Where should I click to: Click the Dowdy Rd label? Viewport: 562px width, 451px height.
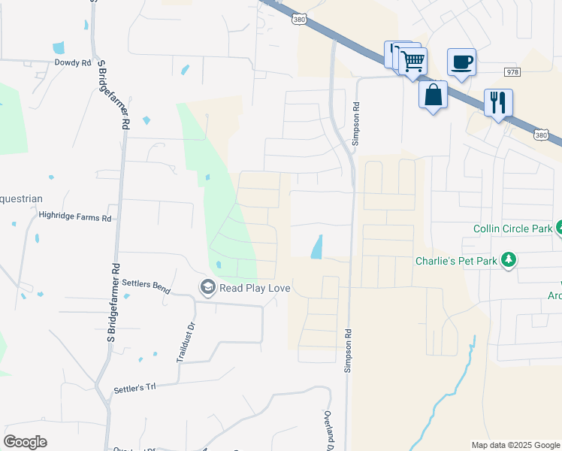coord(72,63)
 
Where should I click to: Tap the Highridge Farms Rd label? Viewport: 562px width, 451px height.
coord(74,217)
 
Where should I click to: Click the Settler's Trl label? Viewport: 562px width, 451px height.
coord(134,389)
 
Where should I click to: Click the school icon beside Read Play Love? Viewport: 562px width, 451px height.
coord(207,286)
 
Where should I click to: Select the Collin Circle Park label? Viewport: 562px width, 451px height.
coord(512,229)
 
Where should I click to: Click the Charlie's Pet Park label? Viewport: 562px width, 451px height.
coord(457,262)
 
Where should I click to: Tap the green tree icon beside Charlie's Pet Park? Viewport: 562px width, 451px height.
coord(509,260)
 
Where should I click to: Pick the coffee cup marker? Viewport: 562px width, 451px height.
coord(461,62)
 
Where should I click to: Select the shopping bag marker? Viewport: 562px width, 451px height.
coord(433,95)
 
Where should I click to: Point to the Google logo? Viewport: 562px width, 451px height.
coord(26,441)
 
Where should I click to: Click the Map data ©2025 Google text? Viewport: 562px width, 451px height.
coord(515,445)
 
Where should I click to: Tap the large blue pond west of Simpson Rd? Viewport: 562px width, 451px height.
coord(317,247)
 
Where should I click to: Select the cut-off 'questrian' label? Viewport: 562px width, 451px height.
coord(21,199)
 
